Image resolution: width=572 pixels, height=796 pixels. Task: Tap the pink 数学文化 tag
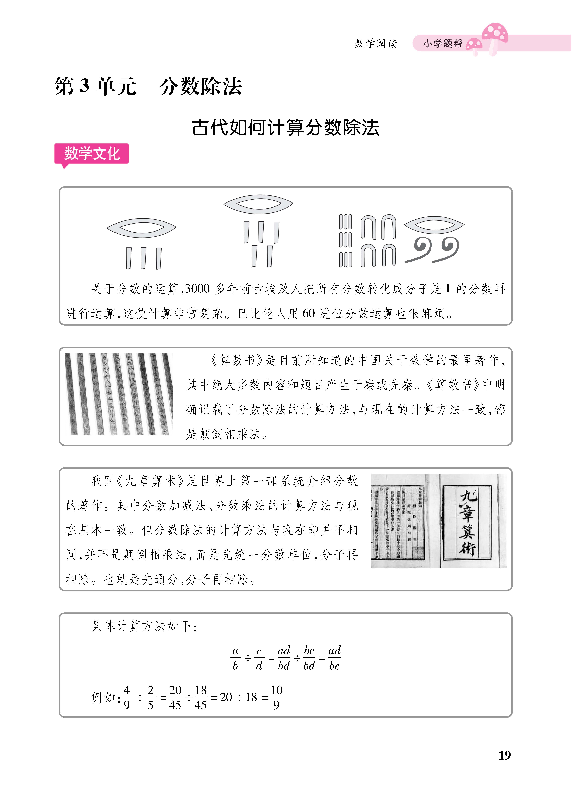[92, 154]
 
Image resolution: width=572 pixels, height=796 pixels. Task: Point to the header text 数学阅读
[375, 43]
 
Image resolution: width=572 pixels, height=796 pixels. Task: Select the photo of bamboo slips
[119, 394]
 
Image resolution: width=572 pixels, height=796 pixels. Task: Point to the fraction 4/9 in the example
[127, 697]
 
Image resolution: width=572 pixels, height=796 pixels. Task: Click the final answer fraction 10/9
[277, 697]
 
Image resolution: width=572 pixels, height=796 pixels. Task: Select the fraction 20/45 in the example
[175, 697]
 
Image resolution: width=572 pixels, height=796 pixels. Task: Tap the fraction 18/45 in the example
[200, 697]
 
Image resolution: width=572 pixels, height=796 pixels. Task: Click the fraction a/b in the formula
[235, 658]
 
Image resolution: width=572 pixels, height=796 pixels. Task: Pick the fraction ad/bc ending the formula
[334, 658]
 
